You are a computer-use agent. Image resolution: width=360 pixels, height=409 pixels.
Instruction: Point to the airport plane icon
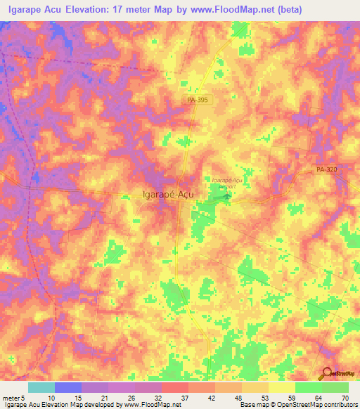[226, 197]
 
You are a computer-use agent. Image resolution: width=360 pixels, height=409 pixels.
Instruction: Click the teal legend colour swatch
[41, 387]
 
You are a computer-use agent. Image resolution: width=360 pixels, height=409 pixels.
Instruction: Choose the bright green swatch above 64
[309, 387]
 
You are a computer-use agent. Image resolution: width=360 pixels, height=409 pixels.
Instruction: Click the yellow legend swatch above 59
[282, 387]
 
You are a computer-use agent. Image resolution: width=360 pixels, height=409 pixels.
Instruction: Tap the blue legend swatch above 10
[68, 387]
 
